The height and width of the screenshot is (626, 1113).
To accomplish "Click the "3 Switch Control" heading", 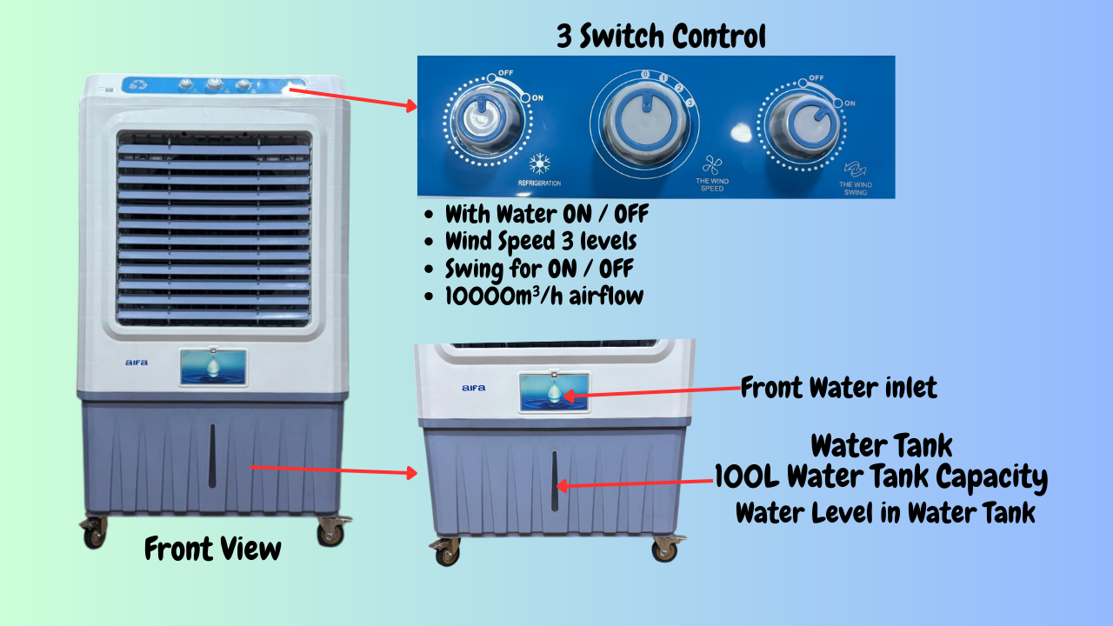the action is point(661,36).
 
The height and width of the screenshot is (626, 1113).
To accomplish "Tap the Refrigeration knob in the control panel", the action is point(486,119).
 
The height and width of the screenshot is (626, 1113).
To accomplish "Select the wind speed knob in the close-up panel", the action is point(645,123).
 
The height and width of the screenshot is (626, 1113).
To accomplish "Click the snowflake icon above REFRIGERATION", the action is point(540,164).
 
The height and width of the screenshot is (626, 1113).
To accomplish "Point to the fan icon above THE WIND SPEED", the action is point(712,165).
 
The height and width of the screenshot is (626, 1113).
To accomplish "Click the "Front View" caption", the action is point(213,549).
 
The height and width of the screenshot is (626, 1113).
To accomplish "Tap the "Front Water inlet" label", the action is point(839,387).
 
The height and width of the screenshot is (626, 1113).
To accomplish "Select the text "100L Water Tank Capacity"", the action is point(881,477).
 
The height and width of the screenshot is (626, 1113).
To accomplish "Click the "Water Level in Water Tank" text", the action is point(885,513).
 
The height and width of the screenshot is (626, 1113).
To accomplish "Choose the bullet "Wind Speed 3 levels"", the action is point(541,242).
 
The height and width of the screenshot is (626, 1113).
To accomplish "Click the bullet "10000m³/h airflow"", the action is point(544,296).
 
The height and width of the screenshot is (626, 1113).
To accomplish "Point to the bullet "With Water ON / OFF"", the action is point(547,214).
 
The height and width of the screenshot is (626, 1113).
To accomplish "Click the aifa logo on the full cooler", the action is point(137,363).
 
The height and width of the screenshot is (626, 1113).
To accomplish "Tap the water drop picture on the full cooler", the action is point(213,368).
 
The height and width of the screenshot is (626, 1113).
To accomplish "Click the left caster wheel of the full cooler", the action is point(95,533).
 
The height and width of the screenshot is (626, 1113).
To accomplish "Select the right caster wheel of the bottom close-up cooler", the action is point(666,549).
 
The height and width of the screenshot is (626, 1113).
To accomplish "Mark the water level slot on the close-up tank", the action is point(555,481).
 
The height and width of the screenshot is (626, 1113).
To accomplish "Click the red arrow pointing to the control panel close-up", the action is point(353,98).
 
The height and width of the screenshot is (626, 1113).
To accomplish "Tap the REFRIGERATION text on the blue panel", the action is point(540,183).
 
